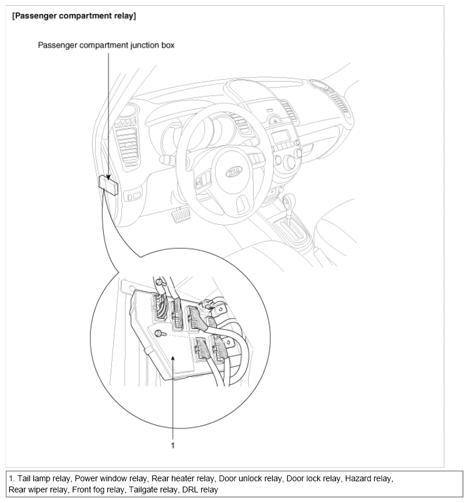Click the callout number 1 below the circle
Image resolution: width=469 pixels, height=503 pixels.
tap(173, 445)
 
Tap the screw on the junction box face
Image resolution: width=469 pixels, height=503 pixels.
tap(159, 333)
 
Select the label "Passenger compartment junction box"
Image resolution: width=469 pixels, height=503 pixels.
tap(106, 45)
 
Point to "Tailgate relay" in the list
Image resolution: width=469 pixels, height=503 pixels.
tap(155, 490)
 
